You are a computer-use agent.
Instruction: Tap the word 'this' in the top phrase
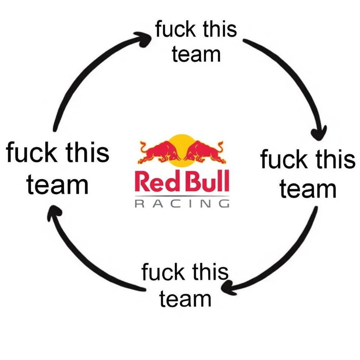[x=220, y=29]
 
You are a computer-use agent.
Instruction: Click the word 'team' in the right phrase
[x=308, y=189]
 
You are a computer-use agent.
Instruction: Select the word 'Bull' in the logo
[x=207, y=181]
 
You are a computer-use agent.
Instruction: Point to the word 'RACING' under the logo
[x=182, y=204]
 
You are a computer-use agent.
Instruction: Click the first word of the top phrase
[x=175, y=29]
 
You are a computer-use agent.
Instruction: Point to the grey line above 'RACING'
[x=182, y=196]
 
